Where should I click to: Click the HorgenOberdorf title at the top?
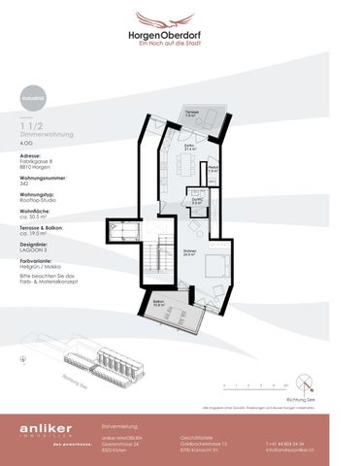pos(180,32)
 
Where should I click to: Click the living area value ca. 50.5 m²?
pos(35,217)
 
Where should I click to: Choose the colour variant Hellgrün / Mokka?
pos(42,266)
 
